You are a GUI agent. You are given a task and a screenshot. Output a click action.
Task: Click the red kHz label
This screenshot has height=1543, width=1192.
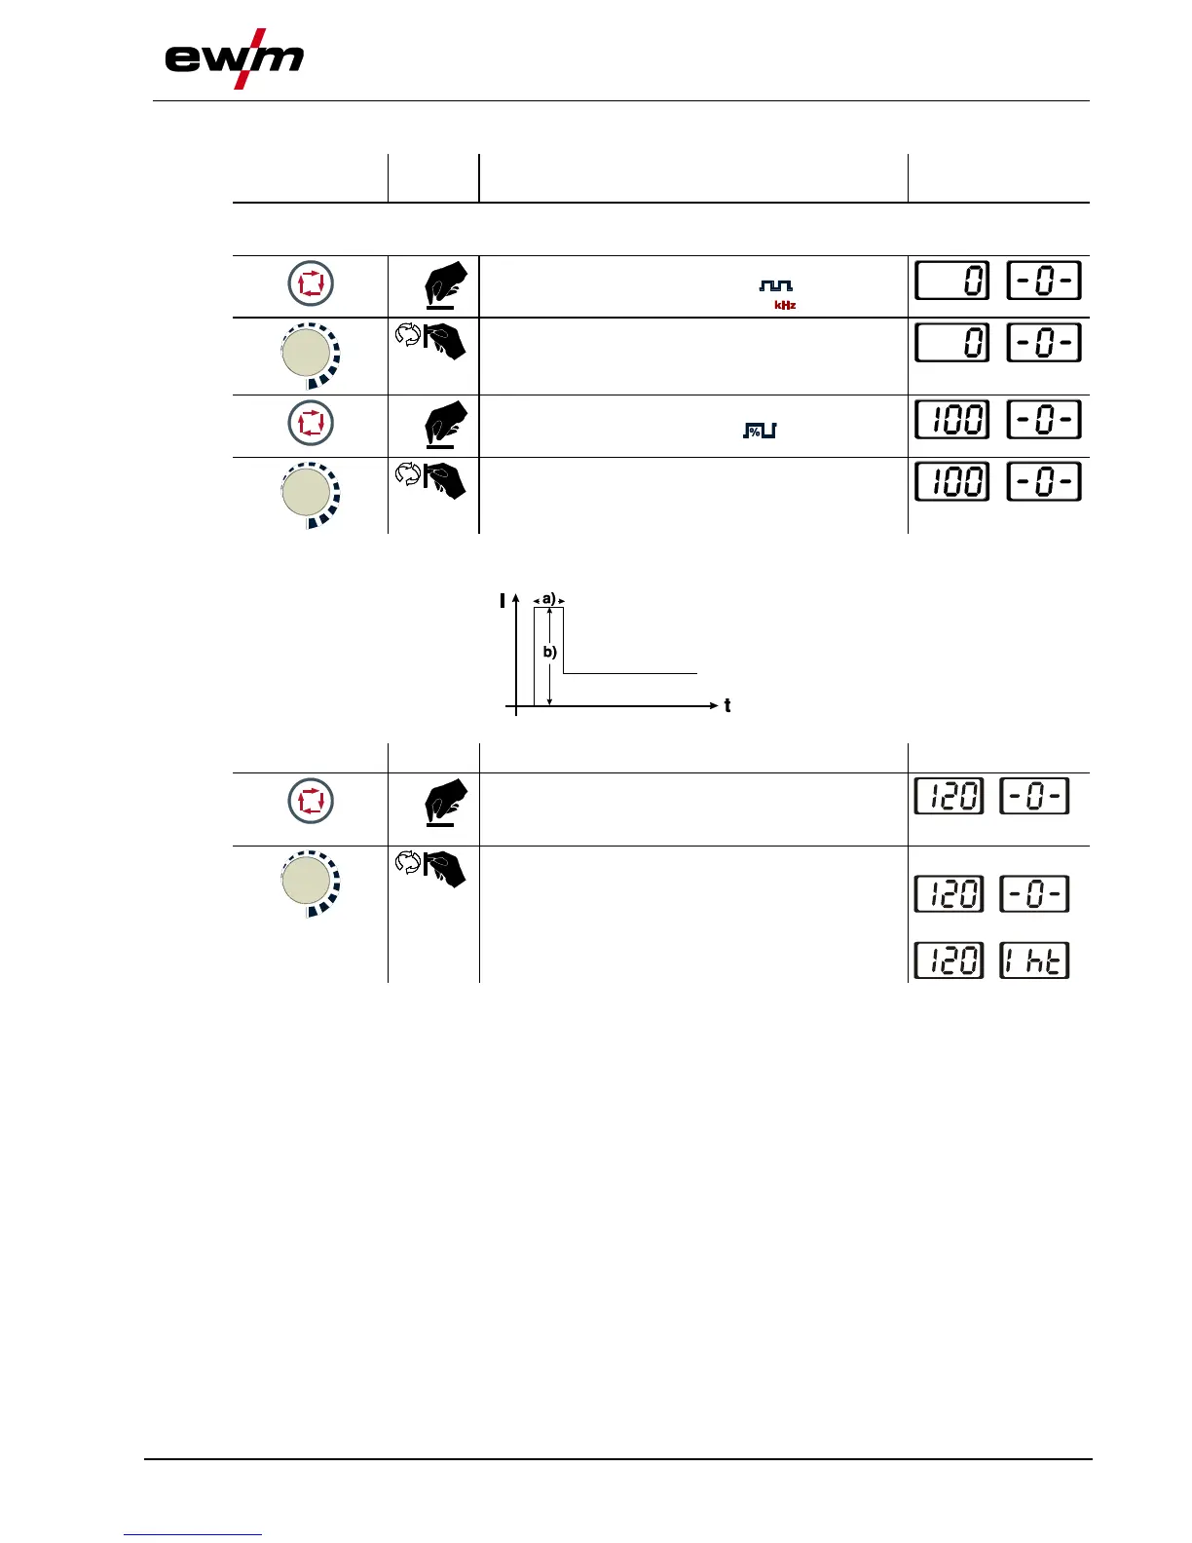785,305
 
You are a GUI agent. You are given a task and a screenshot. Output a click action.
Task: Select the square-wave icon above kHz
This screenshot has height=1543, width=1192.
776,285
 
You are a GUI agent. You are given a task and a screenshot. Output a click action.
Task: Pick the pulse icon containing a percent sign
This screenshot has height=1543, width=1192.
760,430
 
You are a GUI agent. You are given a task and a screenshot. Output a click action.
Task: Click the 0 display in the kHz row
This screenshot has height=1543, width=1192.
952,282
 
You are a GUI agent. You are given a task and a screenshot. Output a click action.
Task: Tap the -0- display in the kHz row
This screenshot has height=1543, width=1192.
1044,282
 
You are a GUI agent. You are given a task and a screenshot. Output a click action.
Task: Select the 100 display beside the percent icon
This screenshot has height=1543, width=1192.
952,420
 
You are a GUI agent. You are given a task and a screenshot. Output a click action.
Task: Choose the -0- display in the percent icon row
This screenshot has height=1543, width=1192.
1044,420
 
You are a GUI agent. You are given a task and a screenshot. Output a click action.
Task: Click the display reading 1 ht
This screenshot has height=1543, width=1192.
1034,961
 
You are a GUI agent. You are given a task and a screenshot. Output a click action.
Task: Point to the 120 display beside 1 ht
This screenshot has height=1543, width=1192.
949,961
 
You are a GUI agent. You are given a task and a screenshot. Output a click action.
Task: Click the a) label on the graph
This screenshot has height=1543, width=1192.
549,599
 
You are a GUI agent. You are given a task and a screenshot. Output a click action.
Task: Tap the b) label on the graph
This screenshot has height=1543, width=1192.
550,652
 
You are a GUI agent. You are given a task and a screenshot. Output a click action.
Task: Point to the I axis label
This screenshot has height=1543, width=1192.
503,601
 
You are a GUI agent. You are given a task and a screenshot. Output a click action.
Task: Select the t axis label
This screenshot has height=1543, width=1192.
727,706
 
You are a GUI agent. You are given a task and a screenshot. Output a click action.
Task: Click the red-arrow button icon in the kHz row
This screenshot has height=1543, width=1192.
311,284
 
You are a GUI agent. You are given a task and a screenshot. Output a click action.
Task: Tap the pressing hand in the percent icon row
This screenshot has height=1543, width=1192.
445,424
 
